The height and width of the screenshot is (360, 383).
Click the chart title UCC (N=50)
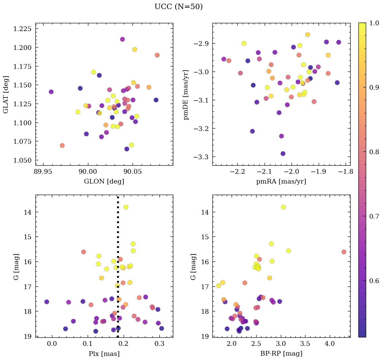[x=178, y=7]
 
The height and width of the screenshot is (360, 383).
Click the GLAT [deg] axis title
[x=6, y=94]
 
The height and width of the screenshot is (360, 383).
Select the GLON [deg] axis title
[x=104, y=182]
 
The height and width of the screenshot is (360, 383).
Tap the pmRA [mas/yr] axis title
[x=281, y=182]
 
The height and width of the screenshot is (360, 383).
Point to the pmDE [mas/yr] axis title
[x=186, y=94]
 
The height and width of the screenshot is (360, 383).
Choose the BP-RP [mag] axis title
[x=281, y=354]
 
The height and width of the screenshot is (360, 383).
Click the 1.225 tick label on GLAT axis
[x=22, y=29]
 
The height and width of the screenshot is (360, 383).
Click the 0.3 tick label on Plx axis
[x=160, y=344]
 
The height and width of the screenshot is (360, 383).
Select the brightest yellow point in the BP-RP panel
[x=283, y=207]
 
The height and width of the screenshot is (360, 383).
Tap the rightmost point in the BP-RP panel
[x=344, y=252]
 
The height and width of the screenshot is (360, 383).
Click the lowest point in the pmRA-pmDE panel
[x=283, y=154]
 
